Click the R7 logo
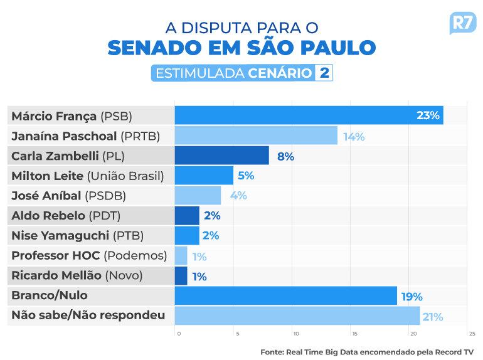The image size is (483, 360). coord(463,23)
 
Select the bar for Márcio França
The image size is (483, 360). coord(309,115)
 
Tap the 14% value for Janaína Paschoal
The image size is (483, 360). coord(354,136)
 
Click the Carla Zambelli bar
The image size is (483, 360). coord(221,156)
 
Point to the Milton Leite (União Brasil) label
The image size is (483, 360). coord(87,176)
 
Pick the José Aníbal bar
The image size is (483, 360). coord(198,196)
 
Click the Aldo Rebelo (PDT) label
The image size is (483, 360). coord(66,216)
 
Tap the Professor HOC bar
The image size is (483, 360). coord(181,256)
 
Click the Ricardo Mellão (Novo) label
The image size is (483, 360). coord(77,276)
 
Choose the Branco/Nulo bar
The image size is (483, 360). coord(285,296)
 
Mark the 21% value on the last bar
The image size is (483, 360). coord(433,317)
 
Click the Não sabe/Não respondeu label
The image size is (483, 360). coord(88,315)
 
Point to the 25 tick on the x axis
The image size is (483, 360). coord(472,334)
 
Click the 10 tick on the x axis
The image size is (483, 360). coord(295,334)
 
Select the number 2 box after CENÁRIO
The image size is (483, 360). coord(324,73)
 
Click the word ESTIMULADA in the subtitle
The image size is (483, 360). coord(199,73)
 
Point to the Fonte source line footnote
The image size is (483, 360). coord(367,352)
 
